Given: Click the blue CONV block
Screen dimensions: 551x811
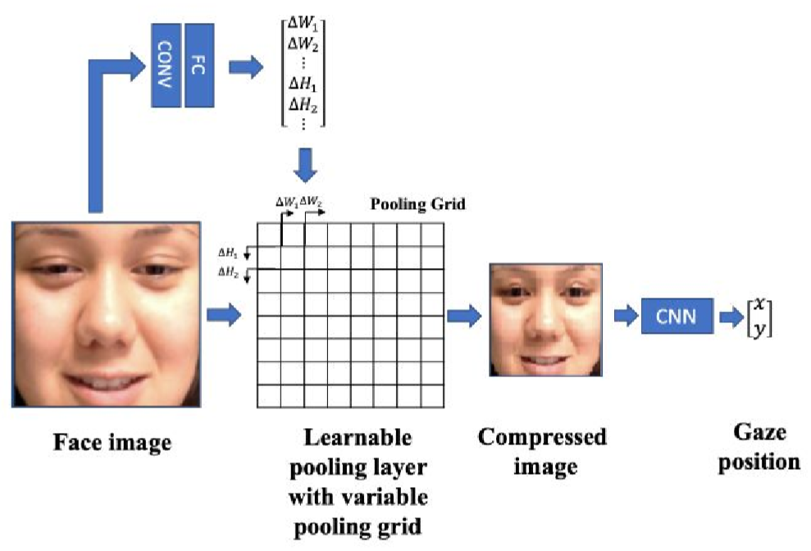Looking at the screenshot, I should point(166,65).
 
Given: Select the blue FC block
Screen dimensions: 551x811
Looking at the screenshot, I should point(200,65).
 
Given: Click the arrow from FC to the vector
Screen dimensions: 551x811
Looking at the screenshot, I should point(240,66).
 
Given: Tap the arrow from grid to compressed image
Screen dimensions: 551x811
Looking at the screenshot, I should point(463,316).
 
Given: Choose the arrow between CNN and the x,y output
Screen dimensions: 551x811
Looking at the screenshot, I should point(729,316).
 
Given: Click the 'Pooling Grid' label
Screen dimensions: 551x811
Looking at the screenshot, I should point(418,204).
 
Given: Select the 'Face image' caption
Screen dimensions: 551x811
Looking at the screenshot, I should point(112,444).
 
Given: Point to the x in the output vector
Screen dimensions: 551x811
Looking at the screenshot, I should point(761,304).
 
